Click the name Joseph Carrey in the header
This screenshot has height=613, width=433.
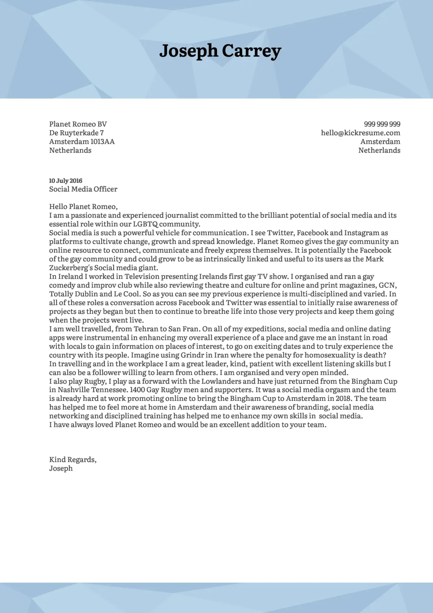[x=220, y=51]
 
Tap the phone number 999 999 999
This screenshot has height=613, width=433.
[x=382, y=124]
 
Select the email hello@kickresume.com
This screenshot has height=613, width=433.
[x=360, y=133]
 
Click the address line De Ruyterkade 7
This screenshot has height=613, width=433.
[x=76, y=133]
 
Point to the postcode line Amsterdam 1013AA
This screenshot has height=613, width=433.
[x=82, y=142]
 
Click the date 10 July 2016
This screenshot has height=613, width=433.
[x=66, y=181]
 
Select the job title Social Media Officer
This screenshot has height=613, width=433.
[x=83, y=189]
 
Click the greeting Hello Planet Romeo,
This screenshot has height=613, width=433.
[x=83, y=207]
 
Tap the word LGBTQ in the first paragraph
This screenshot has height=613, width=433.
[x=145, y=224]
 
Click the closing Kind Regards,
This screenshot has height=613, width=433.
[x=73, y=460]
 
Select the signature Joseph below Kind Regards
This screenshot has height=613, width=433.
[x=61, y=468]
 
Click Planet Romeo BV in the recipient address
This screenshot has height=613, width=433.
[x=78, y=124]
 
